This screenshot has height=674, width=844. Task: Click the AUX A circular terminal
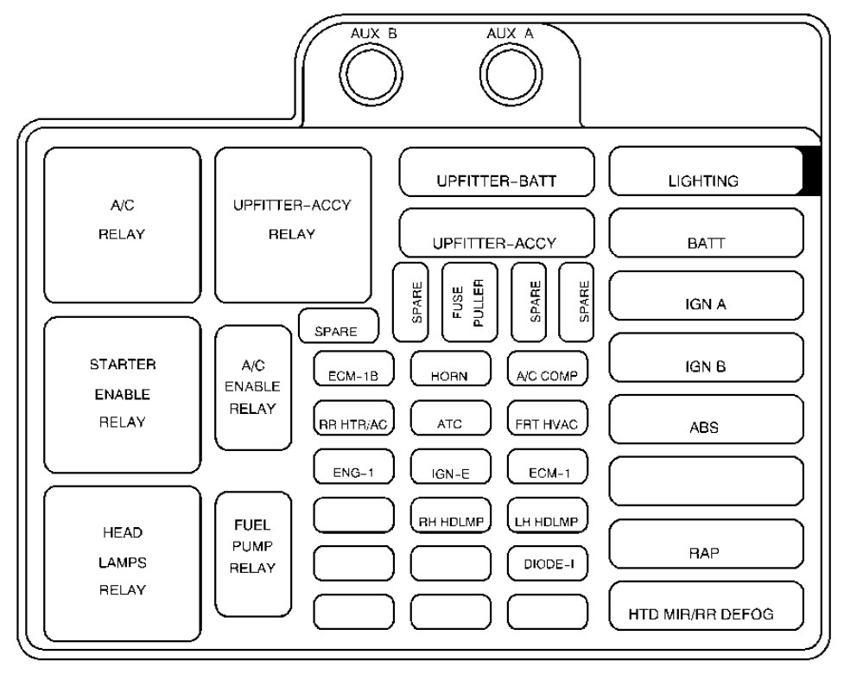click(507, 71)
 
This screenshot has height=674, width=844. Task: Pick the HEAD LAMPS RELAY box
click(122, 563)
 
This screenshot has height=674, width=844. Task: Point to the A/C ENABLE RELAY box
click(253, 387)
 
